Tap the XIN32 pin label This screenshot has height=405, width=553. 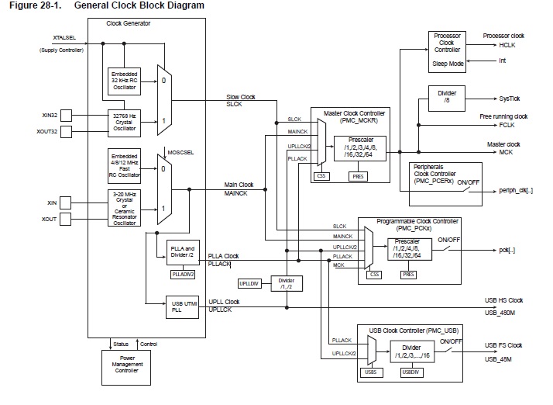tap(50, 115)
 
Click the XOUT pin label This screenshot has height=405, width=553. tap(49, 220)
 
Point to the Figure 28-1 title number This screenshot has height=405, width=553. tap(31, 5)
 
